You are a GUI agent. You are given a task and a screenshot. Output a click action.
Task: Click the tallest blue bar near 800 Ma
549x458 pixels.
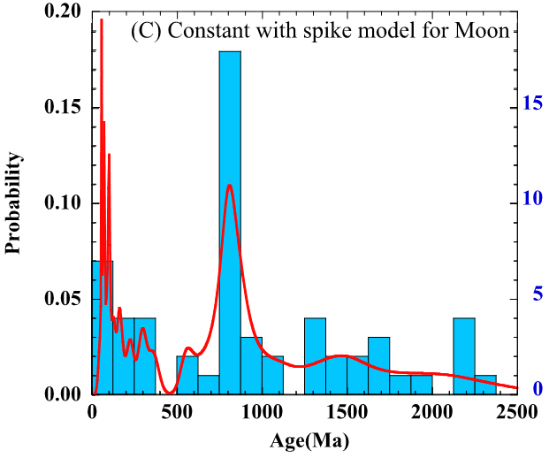[230, 221]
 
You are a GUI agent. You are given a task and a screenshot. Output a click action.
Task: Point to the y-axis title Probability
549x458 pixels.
[13, 202]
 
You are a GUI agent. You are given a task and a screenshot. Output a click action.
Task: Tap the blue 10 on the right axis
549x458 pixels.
[530, 199]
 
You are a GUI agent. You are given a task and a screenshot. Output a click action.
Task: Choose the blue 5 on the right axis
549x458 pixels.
[535, 294]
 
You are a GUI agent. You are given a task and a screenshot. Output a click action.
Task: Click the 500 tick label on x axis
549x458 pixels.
[177, 412]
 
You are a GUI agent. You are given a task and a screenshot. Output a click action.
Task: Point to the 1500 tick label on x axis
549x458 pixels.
[347, 412]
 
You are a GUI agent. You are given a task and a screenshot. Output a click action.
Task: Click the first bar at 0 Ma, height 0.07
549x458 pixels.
[103, 327]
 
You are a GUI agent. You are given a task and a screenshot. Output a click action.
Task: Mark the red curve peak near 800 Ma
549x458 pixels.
[230, 186]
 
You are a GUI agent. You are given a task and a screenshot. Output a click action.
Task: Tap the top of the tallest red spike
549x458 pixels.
[101, 19]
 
